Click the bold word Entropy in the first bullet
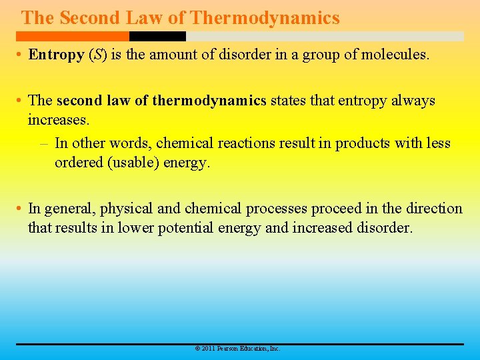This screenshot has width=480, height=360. tap(56, 55)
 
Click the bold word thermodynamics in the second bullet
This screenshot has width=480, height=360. tap(209, 101)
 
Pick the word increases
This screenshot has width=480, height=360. tap(57, 121)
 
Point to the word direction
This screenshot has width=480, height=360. tap(433, 209)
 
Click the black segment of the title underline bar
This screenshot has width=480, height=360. tap(157, 37)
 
